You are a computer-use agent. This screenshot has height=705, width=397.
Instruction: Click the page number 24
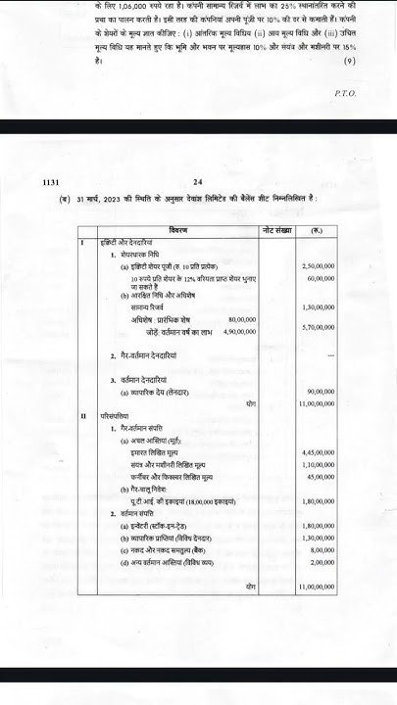[x=224, y=182]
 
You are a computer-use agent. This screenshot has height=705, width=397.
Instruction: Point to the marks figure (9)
[x=349, y=61]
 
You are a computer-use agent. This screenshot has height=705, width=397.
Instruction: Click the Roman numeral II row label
[x=83, y=417]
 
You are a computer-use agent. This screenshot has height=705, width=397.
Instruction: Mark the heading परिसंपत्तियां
[x=116, y=417]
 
